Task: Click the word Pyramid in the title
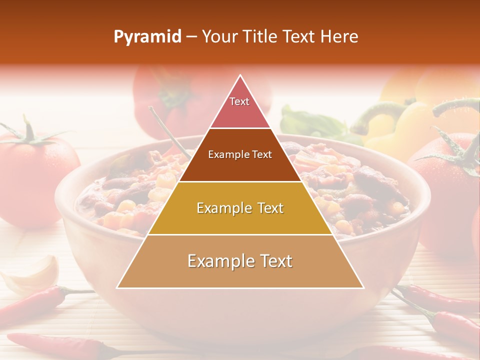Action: [147, 37]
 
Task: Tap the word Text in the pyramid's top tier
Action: [239, 101]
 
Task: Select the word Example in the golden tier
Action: [224, 208]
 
